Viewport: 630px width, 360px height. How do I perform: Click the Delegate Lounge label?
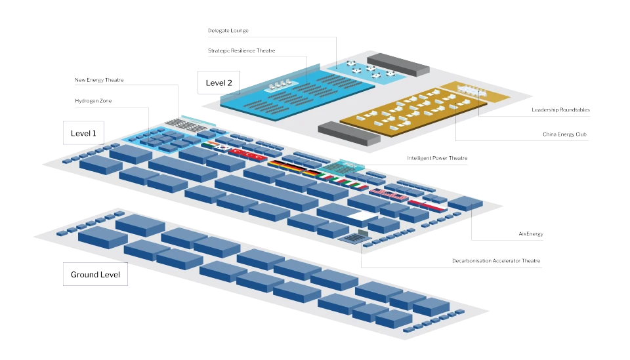point(228,31)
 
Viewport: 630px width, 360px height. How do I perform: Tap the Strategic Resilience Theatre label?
point(241,50)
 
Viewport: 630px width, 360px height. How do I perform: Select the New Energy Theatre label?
point(99,80)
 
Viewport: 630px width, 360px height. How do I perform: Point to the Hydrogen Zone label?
point(93,101)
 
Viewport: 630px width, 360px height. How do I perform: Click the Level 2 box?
point(219,83)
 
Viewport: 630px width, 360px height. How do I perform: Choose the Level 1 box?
point(83,133)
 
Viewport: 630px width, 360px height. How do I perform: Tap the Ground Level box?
point(95,275)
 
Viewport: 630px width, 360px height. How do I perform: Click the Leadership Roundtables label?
point(560,110)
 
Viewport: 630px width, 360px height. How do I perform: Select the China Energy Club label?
point(564,134)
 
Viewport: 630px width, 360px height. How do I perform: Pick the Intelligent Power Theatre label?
point(437,158)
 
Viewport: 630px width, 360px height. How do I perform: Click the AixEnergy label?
point(531,233)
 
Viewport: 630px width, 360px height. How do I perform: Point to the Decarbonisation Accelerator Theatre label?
point(496,261)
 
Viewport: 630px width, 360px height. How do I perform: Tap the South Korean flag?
point(221,148)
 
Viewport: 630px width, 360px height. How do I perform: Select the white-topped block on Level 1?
point(362,217)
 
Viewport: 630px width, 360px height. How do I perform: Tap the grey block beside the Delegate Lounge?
point(398,65)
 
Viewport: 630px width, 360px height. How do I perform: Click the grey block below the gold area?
point(348,134)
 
